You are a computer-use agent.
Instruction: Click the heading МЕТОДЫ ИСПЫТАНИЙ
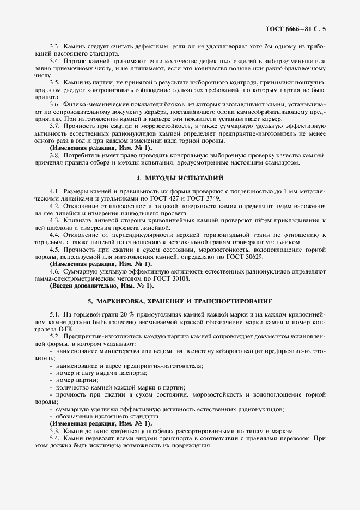click(x=180, y=178)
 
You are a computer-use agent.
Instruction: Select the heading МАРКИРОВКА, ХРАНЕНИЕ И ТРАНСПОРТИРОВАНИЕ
click(x=180, y=301)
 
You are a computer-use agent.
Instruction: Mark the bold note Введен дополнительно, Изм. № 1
click(x=102, y=286)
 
